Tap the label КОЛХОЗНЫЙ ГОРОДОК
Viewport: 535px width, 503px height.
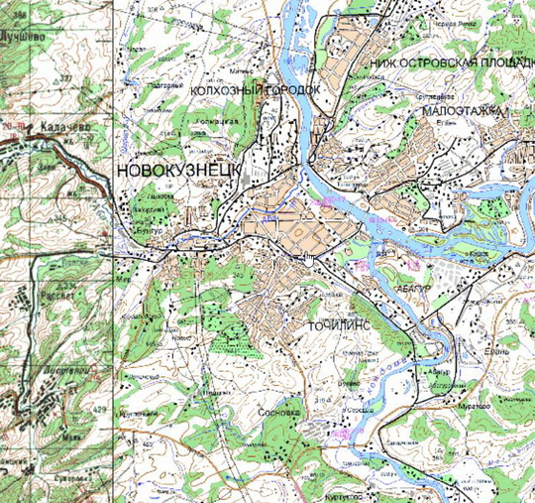click(258, 89)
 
